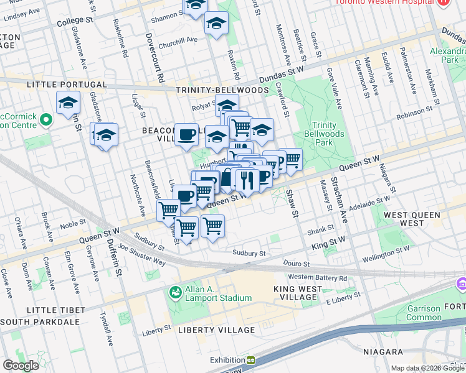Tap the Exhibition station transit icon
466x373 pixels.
[x=250, y=360]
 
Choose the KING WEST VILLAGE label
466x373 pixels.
[x=298, y=293]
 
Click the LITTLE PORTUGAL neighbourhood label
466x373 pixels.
[x=67, y=84]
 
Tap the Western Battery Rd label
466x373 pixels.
[x=317, y=277]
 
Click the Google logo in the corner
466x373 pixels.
[x=21, y=366]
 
